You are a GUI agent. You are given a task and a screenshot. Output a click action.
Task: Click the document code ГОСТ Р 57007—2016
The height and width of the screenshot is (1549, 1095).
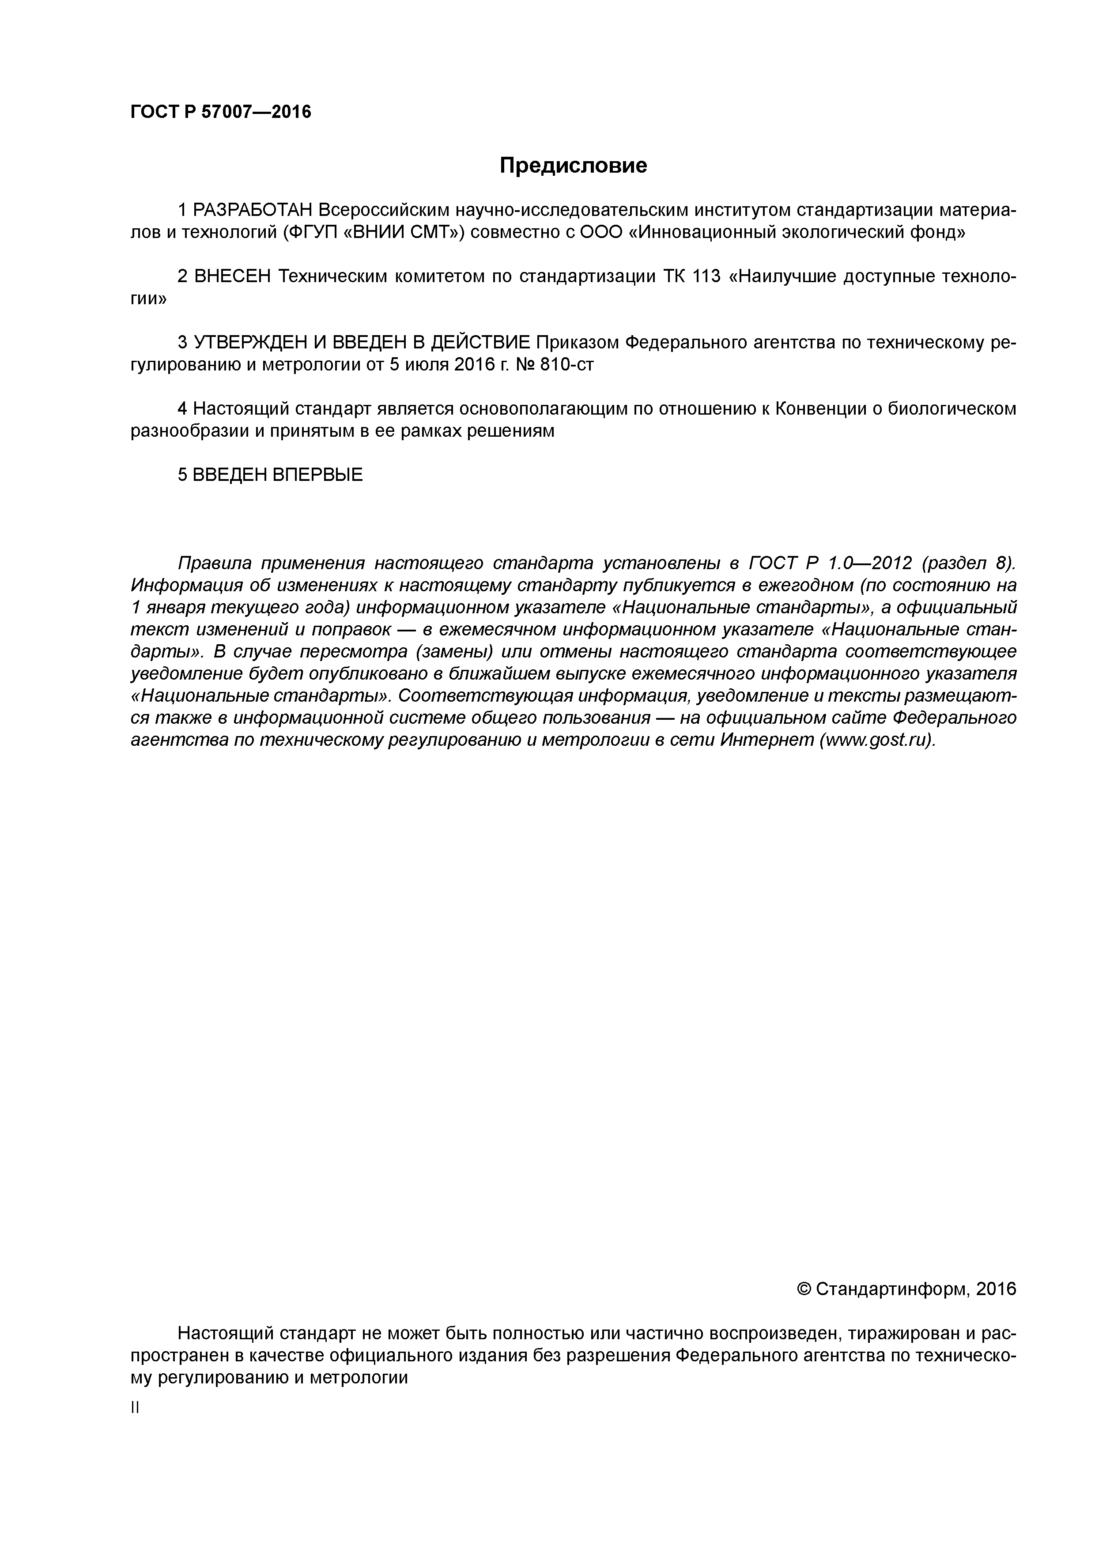point(221,111)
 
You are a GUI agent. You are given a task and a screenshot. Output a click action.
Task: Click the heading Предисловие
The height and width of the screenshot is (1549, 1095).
point(573,165)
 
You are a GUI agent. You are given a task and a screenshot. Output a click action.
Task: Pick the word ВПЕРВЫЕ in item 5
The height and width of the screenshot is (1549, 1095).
point(317,475)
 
